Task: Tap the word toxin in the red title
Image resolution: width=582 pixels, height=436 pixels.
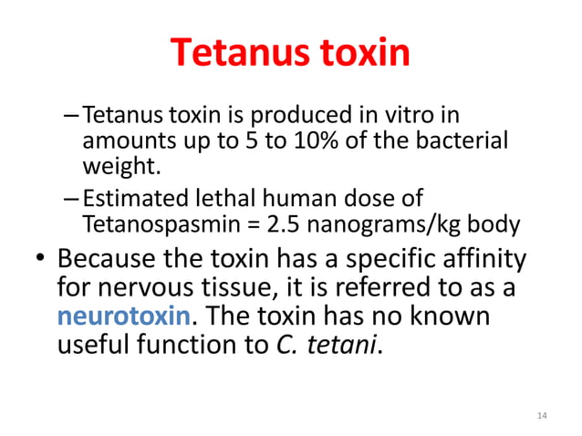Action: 362,54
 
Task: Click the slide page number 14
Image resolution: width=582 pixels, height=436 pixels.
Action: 542,416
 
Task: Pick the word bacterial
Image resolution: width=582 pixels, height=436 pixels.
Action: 465,143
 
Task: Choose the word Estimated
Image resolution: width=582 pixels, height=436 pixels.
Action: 130,198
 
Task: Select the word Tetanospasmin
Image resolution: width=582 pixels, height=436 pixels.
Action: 149,223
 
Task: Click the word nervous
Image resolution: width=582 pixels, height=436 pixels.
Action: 146,288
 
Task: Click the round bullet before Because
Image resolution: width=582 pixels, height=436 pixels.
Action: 39,261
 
